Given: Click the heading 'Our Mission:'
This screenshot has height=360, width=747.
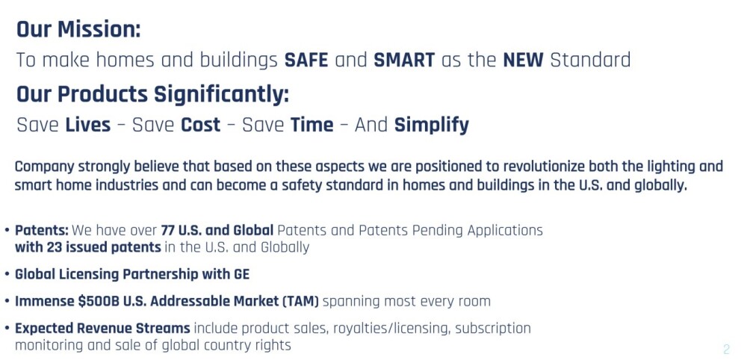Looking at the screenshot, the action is (x=78, y=30).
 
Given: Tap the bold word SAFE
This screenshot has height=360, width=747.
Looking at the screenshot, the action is (x=306, y=60).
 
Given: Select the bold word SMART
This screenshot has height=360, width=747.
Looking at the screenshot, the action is (x=404, y=60).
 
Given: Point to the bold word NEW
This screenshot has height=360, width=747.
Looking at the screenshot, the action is (x=523, y=60).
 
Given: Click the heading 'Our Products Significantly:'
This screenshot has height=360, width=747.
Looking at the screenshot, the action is (x=153, y=94).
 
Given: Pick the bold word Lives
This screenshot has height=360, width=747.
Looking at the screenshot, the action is (x=87, y=125).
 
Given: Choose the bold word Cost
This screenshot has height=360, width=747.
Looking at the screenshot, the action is (x=200, y=125).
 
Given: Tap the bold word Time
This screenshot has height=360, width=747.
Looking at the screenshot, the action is (x=312, y=125).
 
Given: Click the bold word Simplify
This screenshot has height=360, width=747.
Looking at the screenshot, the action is (x=432, y=125).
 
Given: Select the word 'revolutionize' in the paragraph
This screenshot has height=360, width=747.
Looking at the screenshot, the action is (x=545, y=167).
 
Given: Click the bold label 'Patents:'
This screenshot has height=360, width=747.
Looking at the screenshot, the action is (x=42, y=231).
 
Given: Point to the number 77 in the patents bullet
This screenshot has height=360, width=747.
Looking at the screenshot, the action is (x=167, y=231).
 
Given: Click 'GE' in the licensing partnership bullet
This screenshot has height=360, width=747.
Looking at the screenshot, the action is (x=241, y=275).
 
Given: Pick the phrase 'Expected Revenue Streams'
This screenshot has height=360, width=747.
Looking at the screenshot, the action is (x=102, y=329).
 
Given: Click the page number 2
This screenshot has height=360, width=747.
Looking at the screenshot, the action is (x=726, y=349).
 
